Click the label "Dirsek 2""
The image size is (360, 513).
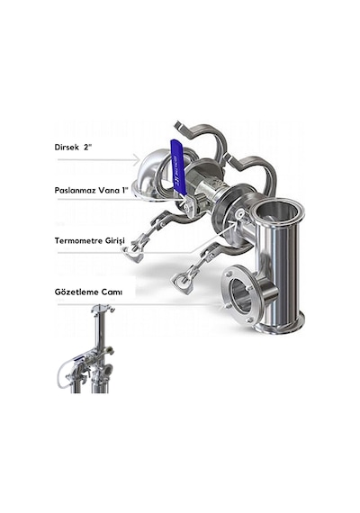pos(72,147)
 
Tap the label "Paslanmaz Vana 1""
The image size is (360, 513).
pos(91,191)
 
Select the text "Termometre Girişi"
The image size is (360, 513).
pos(90,241)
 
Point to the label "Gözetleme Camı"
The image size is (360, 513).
pos(88,292)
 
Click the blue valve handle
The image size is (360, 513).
pos(177,166)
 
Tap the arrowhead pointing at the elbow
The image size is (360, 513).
pos(136,160)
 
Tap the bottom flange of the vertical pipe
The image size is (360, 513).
pos(281,325)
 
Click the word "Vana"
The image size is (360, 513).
pos(110,191)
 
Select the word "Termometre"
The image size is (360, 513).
pos(78,241)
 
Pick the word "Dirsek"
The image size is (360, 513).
pos(67,147)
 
